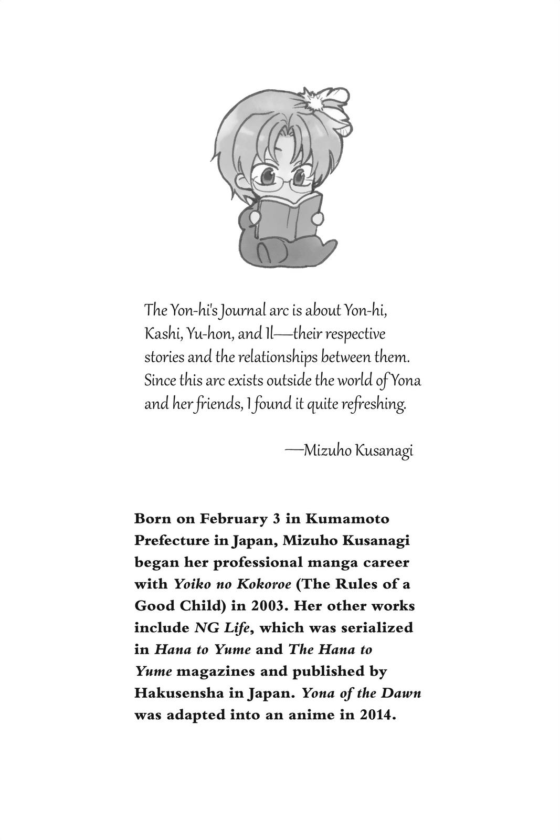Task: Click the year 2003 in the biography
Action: (266, 606)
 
